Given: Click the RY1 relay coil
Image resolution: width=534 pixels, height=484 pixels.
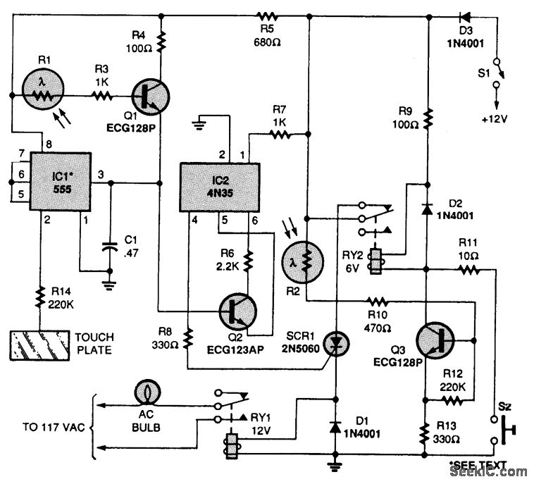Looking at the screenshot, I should click(230, 449).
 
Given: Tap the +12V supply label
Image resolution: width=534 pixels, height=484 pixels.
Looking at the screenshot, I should click(490, 119).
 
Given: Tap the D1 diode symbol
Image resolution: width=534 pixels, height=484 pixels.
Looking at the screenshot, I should click(334, 427).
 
